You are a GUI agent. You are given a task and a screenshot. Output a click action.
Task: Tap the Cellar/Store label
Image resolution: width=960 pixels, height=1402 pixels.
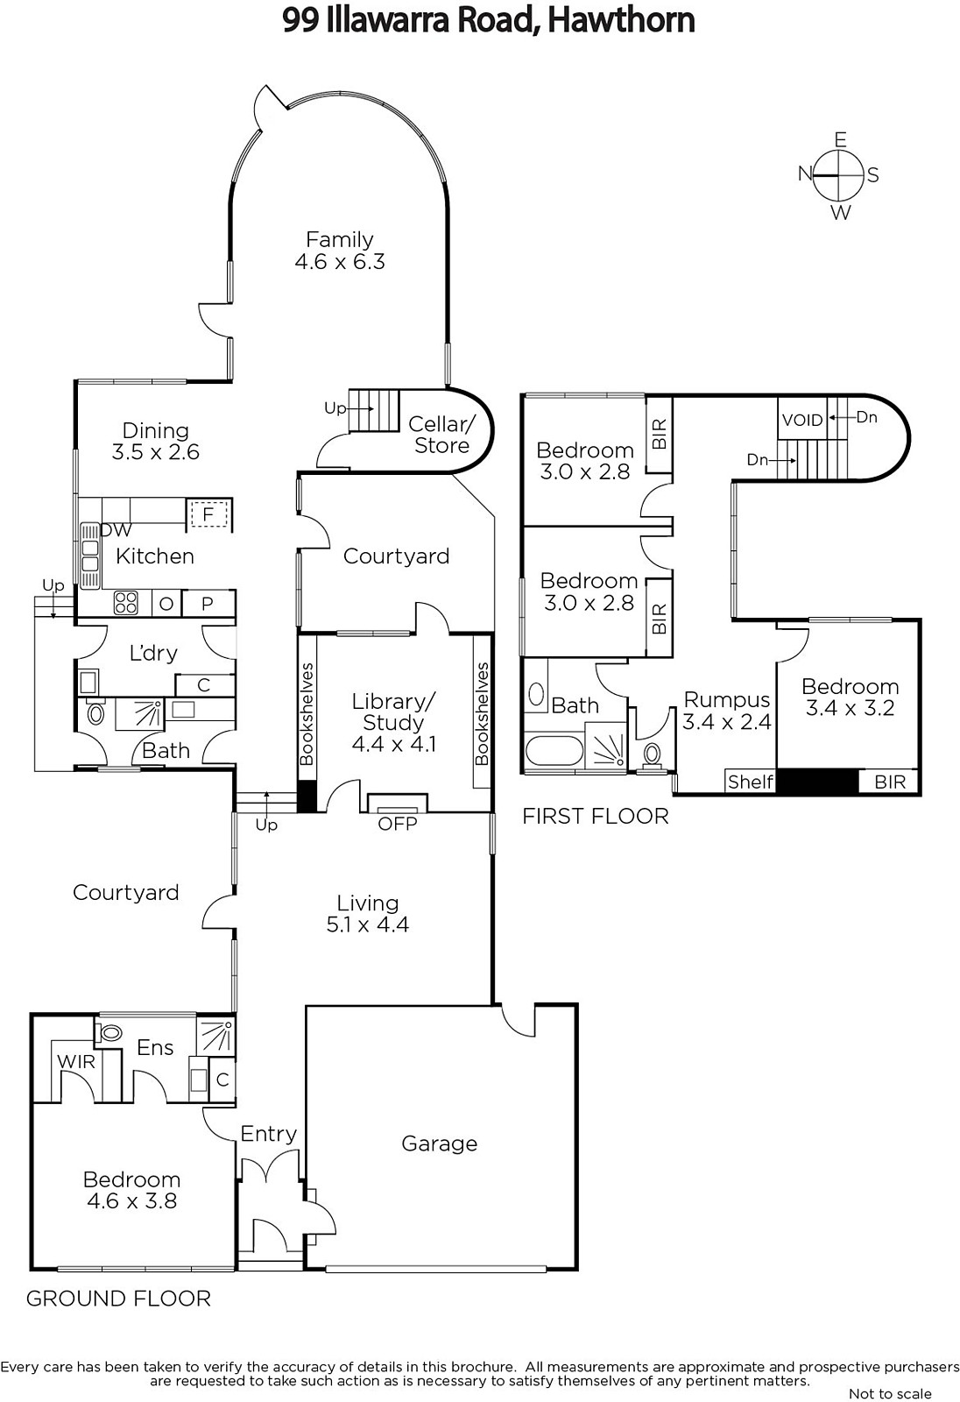click(x=441, y=435)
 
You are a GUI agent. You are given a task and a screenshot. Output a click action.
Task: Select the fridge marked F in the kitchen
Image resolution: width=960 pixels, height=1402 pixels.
click(x=209, y=514)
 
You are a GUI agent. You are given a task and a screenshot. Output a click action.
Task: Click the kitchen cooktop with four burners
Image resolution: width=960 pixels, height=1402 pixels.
click(x=125, y=604)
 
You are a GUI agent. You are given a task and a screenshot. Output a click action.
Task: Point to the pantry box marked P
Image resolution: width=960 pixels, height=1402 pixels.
click(x=208, y=604)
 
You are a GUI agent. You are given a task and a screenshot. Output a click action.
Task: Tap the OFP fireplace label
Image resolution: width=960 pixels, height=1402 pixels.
click(x=398, y=823)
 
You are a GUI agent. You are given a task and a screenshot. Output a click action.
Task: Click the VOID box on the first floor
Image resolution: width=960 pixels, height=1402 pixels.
click(x=802, y=419)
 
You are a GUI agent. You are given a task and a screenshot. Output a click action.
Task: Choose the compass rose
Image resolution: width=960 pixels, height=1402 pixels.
click(x=838, y=176)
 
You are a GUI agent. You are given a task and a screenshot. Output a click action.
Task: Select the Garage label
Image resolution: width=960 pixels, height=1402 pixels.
click(x=440, y=1144)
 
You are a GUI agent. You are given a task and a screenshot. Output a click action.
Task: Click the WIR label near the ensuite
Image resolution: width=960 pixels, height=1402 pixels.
click(x=76, y=1061)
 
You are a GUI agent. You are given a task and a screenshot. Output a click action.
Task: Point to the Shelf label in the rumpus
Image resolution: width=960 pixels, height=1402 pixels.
click(x=751, y=782)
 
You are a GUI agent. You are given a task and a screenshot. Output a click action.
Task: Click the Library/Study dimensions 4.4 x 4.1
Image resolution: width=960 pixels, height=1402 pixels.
click(x=393, y=744)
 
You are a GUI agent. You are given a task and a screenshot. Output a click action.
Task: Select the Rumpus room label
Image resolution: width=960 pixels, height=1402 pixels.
click(x=727, y=699)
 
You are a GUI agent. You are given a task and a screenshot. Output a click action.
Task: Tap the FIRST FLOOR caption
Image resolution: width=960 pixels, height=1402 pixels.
click(x=595, y=816)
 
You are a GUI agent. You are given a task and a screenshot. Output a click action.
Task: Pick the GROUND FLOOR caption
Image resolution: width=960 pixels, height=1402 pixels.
click(x=118, y=1298)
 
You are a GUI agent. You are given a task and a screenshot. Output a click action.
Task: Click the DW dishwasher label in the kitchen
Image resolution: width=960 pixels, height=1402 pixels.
click(x=116, y=530)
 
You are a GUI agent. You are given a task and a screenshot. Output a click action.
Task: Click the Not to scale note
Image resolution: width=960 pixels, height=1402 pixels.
click(x=890, y=1393)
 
